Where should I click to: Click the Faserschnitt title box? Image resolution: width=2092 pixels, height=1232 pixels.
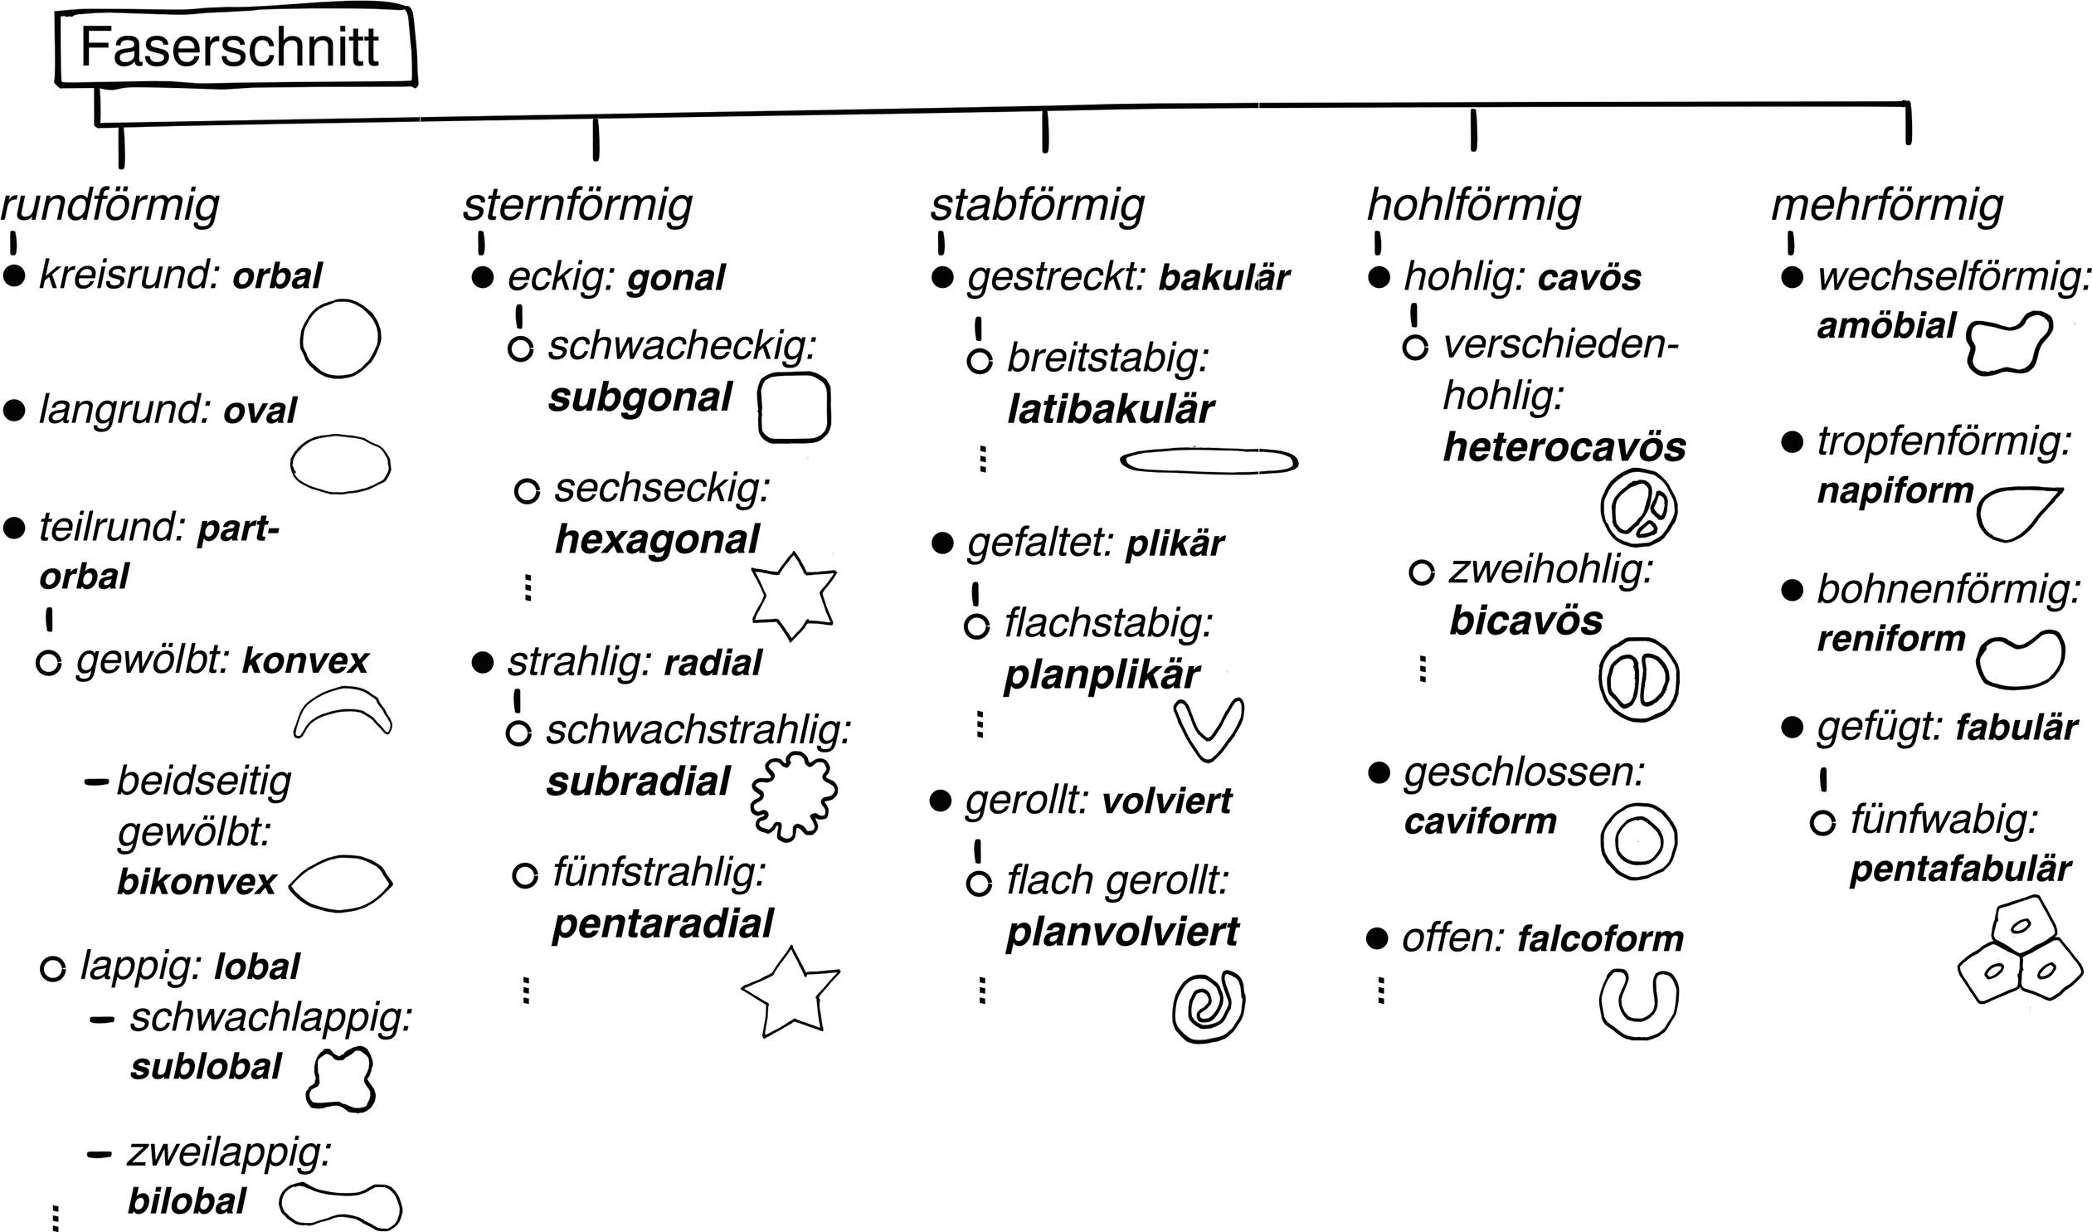tap(235, 47)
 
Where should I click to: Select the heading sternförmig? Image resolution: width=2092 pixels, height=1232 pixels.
tap(578, 205)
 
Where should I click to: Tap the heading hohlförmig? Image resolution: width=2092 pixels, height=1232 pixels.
tap(1474, 205)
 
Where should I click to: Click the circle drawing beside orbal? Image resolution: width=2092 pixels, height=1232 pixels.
tap(340, 338)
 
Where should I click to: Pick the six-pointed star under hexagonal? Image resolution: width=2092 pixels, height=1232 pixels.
tap(793, 595)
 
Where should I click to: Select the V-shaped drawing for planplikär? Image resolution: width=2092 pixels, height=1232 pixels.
tap(1209, 729)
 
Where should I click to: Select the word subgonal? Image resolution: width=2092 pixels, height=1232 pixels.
tap(640, 397)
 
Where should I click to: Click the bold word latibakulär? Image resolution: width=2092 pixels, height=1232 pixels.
tap(1110, 409)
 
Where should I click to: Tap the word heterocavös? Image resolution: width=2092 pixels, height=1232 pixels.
tap(1564, 447)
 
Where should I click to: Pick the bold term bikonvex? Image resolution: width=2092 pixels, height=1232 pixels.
tap(197, 882)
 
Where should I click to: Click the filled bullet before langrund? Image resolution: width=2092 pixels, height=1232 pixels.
tap(14, 410)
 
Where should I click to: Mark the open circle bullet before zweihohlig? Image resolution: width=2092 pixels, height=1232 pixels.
tap(1421, 572)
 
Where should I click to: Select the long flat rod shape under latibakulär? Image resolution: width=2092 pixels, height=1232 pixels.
tap(1209, 460)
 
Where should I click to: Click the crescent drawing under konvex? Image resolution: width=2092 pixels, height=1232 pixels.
tap(343, 712)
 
